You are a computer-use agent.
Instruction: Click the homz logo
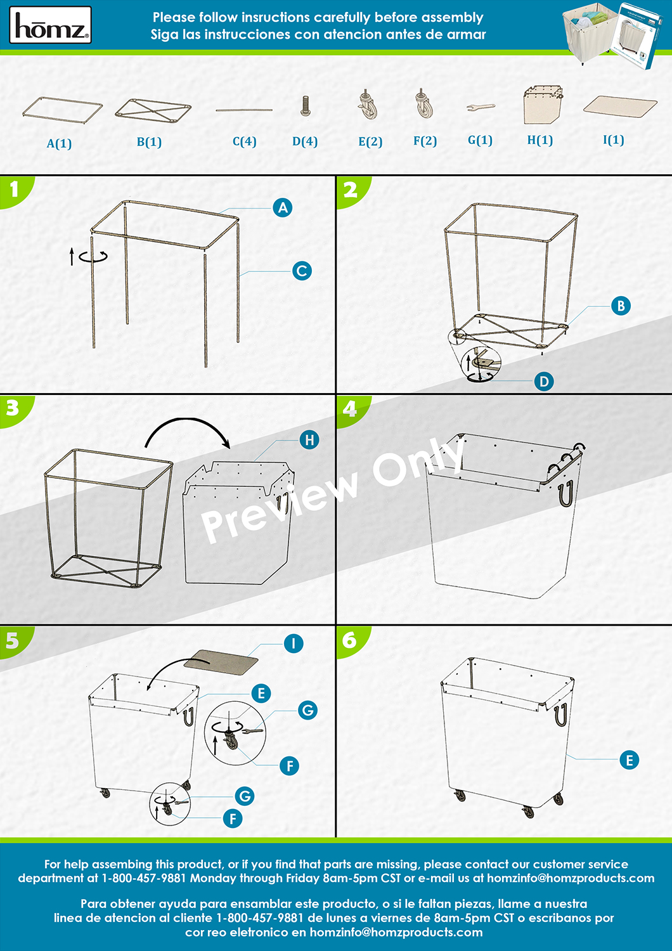coord(51,25)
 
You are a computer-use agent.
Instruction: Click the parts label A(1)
coord(59,143)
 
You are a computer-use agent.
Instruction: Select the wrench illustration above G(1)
coord(481,107)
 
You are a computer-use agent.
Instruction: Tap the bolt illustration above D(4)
coord(305,106)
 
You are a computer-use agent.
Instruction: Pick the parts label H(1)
coord(540,140)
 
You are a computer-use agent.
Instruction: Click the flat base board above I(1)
coord(620,105)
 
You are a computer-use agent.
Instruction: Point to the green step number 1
coord(14,190)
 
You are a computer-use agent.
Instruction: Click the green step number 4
coord(350,408)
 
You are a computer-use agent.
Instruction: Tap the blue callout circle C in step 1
coord(302,271)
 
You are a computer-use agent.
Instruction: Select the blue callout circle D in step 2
coord(544,381)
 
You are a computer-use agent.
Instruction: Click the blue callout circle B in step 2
coord(621,306)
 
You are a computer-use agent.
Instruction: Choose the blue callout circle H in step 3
coord(309,440)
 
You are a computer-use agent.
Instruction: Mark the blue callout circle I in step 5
coord(294,644)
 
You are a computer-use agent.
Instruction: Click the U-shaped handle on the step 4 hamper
coord(566,494)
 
